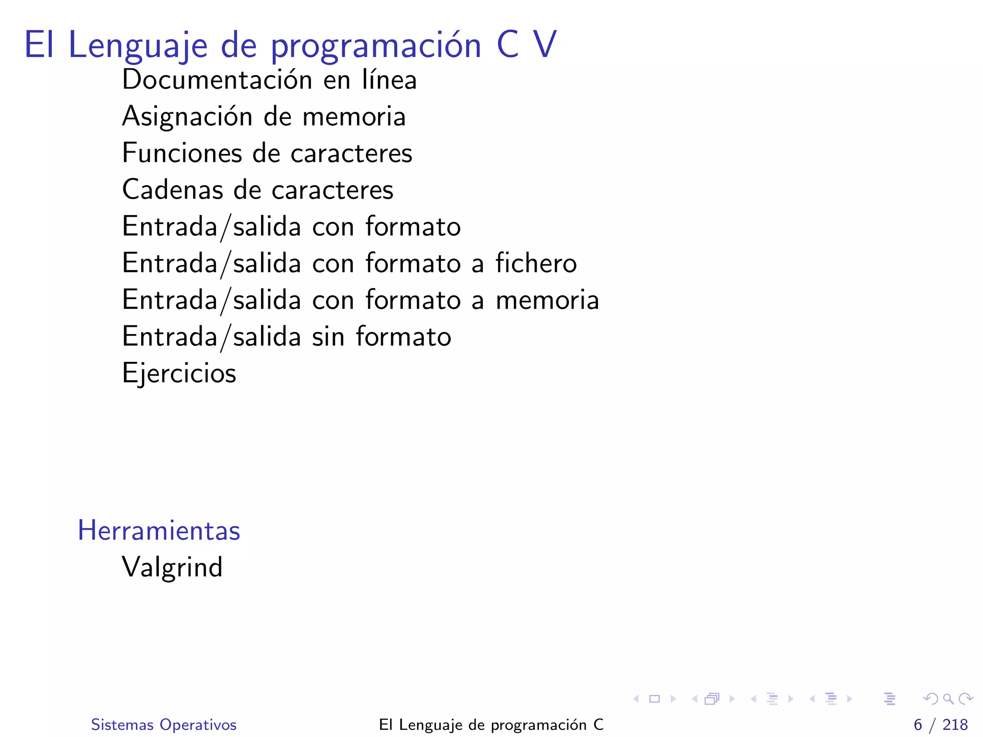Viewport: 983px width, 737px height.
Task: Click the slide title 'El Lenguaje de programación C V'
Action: (290, 45)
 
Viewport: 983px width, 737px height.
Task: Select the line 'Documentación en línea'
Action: (269, 80)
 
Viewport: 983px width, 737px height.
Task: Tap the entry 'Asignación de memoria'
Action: (264, 117)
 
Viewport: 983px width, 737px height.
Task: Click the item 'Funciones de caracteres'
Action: (267, 153)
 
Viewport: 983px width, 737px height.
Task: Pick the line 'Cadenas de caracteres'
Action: (258, 190)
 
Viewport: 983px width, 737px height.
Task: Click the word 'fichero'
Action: (536, 263)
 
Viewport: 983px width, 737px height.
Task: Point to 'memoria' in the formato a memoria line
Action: (547, 300)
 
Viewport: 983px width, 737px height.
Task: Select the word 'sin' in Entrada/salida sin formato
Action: (328, 337)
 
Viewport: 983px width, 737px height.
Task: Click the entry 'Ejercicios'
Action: (179, 373)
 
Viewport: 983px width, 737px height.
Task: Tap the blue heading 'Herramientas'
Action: (159, 531)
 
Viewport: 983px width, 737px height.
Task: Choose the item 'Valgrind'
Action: (172, 567)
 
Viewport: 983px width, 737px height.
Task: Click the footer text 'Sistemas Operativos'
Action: (164, 725)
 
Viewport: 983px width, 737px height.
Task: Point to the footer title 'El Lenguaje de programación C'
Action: (491, 725)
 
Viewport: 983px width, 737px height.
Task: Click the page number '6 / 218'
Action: (940, 725)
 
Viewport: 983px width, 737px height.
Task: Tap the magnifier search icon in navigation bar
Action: (948, 699)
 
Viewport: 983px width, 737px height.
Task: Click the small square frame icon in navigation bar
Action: (654, 699)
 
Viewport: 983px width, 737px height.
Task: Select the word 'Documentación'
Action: (217, 80)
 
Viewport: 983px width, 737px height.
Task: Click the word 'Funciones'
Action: (182, 153)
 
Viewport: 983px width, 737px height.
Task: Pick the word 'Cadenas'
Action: (173, 190)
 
